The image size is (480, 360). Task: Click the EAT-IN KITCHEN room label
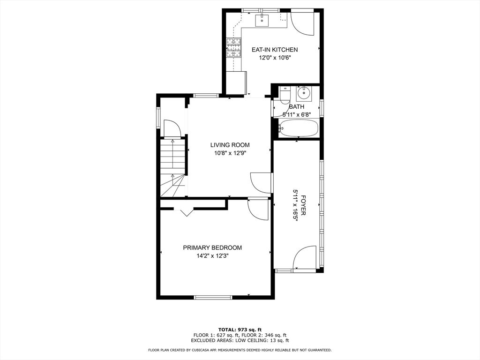275,50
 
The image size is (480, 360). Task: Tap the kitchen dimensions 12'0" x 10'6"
275,58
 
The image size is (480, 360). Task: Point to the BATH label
297,107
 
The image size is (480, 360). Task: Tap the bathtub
299,128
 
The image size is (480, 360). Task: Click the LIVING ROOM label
230,145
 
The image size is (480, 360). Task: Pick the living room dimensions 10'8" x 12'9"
230,153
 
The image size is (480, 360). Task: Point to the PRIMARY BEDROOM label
212,247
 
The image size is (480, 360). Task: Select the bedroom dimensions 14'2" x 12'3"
213,255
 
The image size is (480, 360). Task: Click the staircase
173,168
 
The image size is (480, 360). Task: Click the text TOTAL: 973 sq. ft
240,330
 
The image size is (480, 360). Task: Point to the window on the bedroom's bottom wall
213,297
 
